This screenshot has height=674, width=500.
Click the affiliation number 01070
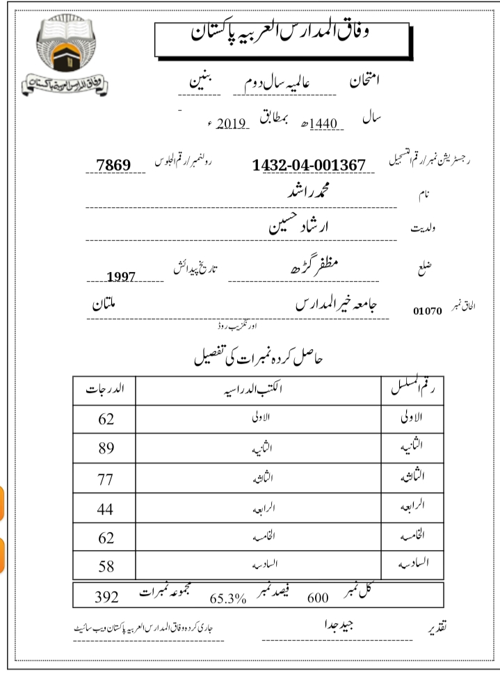point(428,311)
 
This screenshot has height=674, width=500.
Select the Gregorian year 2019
point(232,125)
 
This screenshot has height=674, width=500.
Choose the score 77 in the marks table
point(106,479)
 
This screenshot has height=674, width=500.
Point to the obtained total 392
point(106,597)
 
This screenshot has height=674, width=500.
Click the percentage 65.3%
point(228,597)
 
